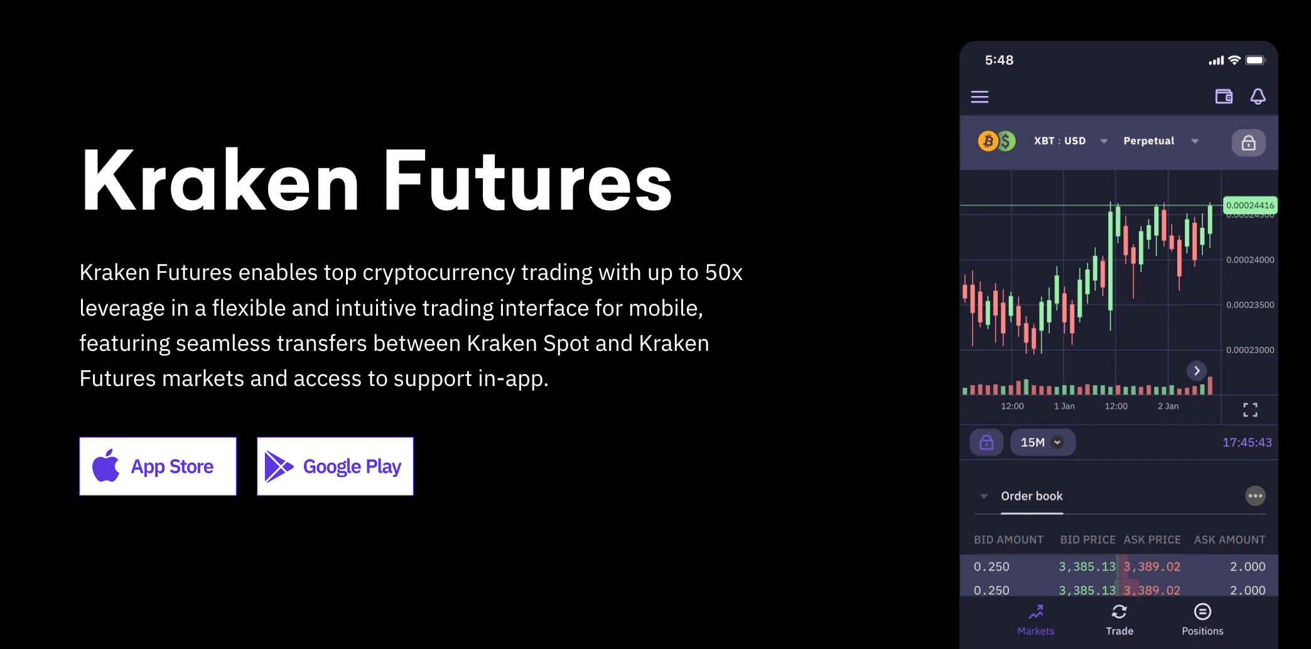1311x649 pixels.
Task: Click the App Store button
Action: tap(158, 466)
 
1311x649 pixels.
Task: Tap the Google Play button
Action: tap(335, 466)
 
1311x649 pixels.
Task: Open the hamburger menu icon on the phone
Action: tap(979, 97)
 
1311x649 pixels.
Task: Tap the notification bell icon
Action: tap(1258, 96)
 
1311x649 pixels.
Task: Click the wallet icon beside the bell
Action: tap(1224, 96)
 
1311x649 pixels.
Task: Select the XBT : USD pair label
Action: tap(1060, 141)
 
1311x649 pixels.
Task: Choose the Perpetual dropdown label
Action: tap(1149, 141)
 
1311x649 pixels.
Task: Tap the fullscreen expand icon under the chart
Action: tap(1250, 410)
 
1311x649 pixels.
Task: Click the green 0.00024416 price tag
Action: tap(1250, 205)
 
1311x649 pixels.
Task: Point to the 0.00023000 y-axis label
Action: tap(1250, 350)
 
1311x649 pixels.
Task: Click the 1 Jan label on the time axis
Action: tap(1064, 406)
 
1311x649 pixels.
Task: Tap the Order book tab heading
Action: tap(1032, 496)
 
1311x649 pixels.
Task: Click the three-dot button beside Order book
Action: tap(1255, 496)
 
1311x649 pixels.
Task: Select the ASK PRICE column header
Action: tap(1152, 540)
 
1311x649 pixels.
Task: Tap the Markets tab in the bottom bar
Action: tap(1036, 620)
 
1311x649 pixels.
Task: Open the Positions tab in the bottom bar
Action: tap(1202, 620)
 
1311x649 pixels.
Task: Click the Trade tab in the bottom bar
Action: tap(1119, 620)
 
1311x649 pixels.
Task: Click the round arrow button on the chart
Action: tap(1197, 370)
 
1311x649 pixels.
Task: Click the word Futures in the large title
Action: tap(528, 181)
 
